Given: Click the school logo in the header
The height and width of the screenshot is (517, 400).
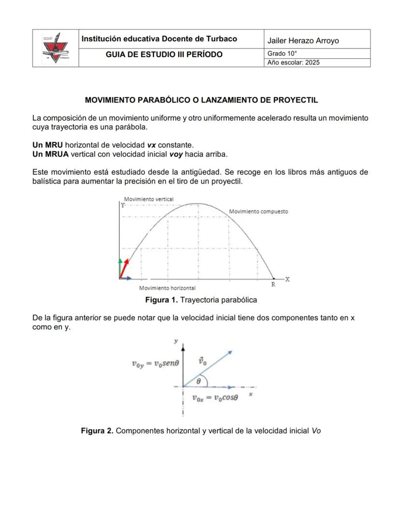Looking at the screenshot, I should [x=56, y=48].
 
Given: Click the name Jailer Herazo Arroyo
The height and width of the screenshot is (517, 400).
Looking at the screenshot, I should [x=303, y=41].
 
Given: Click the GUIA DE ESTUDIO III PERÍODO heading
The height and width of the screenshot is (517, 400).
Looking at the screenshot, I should [x=164, y=54].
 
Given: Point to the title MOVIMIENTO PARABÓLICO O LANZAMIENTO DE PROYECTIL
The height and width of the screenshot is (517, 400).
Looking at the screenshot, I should [x=201, y=100].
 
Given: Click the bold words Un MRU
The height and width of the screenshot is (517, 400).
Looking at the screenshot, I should [x=47, y=145].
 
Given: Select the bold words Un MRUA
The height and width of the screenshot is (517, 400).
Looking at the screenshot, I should [x=51, y=154].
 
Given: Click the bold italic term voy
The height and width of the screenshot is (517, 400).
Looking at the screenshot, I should [x=176, y=154].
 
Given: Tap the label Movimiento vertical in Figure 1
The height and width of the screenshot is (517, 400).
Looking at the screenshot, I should [x=148, y=199].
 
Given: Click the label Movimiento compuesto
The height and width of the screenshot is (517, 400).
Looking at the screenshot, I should [x=258, y=211].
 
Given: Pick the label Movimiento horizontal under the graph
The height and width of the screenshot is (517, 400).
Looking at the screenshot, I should [x=167, y=288].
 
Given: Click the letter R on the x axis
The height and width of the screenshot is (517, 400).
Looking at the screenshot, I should [x=273, y=285].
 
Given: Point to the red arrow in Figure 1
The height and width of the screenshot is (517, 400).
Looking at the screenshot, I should [x=125, y=269].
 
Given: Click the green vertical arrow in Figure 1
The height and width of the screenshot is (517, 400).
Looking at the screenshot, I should [x=120, y=268].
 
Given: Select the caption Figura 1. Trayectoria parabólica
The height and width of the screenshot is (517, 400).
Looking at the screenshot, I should [x=201, y=300].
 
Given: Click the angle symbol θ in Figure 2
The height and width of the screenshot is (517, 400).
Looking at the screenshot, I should [x=199, y=381].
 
